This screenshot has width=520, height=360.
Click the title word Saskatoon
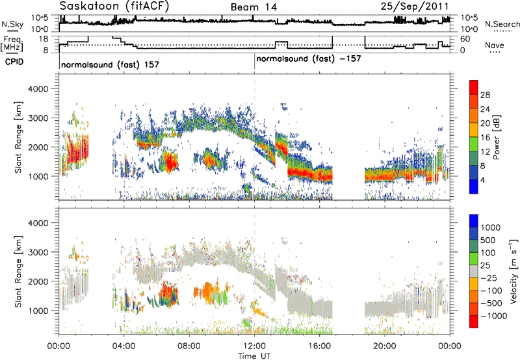(x=88, y=6)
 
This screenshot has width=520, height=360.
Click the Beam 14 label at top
(x=253, y=7)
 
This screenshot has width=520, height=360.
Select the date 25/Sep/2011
(x=415, y=6)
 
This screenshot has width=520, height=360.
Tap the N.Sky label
(x=12, y=24)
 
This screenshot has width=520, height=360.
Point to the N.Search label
(x=502, y=24)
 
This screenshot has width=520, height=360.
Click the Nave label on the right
(x=495, y=45)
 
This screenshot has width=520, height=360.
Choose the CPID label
(x=14, y=62)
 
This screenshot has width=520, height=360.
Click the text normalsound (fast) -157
(x=308, y=59)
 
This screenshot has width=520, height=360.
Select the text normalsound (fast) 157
(x=110, y=65)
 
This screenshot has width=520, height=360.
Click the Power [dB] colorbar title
(x=496, y=137)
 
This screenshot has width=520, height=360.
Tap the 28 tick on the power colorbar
(x=485, y=95)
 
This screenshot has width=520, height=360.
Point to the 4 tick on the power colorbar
(x=482, y=180)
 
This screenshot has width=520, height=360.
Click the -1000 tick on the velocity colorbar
(x=493, y=316)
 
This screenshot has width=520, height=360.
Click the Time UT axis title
(x=254, y=356)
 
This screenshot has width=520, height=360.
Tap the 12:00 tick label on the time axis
(x=254, y=346)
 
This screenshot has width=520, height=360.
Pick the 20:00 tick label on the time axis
(x=385, y=346)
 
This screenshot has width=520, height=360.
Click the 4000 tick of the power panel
(x=40, y=89)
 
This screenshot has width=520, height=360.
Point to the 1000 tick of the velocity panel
(x=40, y=311)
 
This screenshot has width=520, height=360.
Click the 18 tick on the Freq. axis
(x=44, y=39)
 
